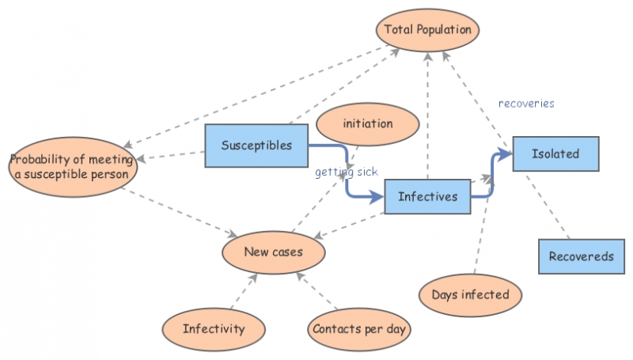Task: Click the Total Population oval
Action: (427, 31)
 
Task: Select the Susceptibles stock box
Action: (256, 146)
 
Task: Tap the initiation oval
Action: (366, 125)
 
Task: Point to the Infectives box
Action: (427, 196)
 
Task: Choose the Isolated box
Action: (555, 153)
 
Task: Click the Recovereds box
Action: (581, 257)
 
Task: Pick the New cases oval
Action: (273, 252)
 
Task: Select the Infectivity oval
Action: (213, 328)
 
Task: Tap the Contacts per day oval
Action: (360, 328)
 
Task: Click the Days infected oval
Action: (470, 295)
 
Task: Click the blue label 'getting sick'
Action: (347, 172)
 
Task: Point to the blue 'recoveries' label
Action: (526, 104)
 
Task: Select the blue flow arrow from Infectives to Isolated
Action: (491, 178)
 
